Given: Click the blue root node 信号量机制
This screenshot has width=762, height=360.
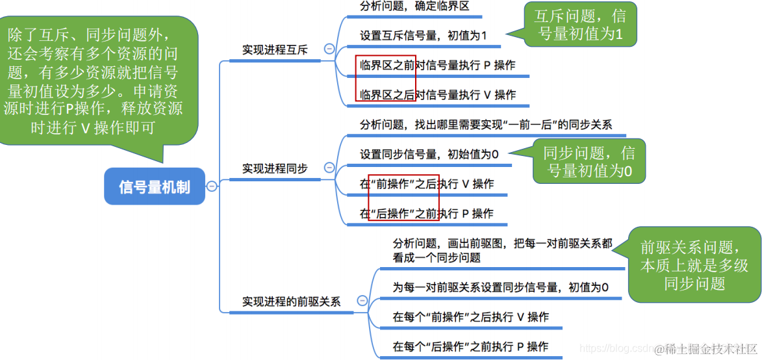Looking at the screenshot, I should point(154,186).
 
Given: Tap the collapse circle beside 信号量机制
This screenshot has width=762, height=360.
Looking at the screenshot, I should point(211,186).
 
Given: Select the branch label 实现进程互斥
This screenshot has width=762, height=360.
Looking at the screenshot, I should point(275,49).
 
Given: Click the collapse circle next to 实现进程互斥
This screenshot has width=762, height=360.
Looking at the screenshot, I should point(329,49).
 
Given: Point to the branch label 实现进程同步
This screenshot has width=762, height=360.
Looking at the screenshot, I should point(275,168).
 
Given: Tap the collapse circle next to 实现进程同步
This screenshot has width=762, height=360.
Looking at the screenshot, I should point(329,168).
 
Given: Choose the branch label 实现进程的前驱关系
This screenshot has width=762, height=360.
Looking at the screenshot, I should point(291,302).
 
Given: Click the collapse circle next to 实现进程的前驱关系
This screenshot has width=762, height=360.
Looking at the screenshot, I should point(362,301).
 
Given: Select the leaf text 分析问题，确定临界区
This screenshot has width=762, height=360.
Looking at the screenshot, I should point(414,6).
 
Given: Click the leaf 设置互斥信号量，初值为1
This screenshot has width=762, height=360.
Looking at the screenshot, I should point(423,35).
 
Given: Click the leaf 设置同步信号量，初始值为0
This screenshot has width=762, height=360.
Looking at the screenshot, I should point(429,154).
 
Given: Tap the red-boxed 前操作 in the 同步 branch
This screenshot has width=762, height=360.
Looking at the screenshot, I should point(403,184).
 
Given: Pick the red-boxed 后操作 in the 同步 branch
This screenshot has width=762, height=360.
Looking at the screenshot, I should point(403,213).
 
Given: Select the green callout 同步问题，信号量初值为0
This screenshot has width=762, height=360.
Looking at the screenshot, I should point(589,162).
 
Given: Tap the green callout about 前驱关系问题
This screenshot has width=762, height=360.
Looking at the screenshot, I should point(694,264).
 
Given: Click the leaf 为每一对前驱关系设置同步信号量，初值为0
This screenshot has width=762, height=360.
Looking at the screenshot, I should point(500,287).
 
